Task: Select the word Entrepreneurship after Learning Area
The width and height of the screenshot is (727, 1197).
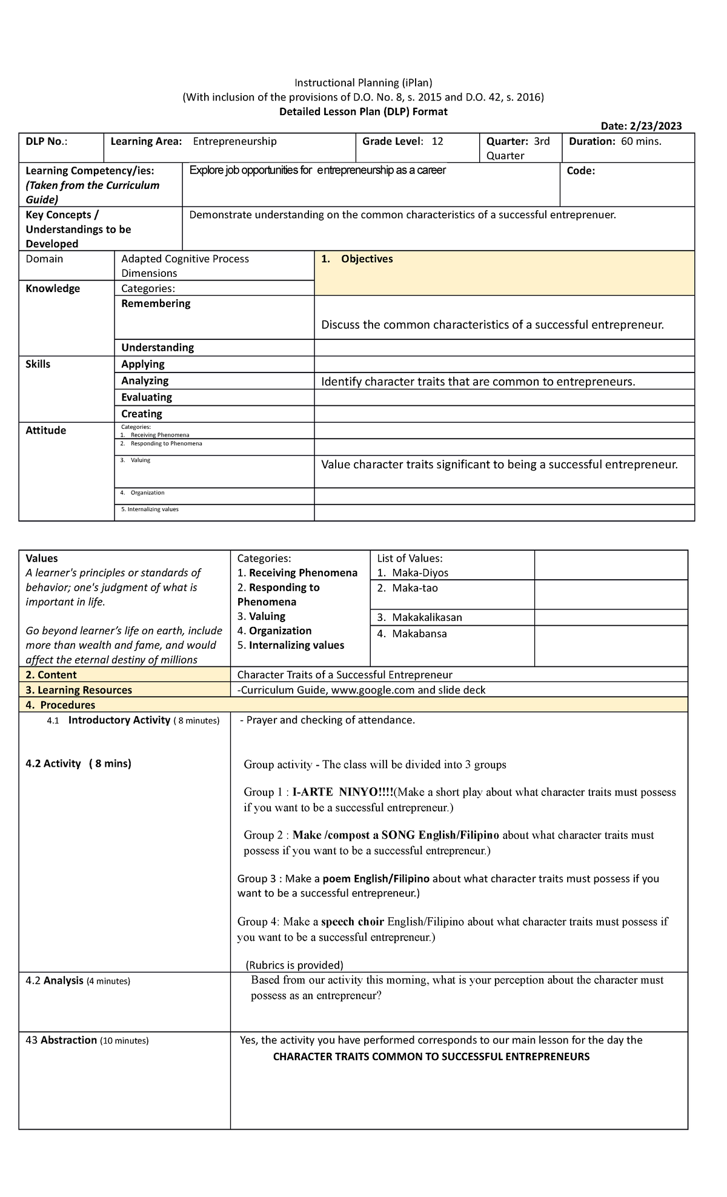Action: point(234,141)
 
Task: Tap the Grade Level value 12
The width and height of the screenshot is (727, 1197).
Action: point(437,141)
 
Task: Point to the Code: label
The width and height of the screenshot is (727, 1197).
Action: point(580,171)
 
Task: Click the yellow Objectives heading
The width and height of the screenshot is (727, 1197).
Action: point(367,259)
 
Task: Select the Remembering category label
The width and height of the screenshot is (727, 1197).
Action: point(156,303)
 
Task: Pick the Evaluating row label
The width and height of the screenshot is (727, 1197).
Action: point(147,397)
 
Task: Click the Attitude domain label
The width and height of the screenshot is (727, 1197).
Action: point(45,431)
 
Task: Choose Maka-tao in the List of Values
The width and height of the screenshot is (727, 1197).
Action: point(414,588)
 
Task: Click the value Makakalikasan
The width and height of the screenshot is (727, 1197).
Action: point(427,617)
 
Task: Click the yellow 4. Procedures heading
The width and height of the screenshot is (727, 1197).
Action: point(60,705)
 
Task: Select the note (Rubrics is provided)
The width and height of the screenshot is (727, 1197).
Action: point(294,965)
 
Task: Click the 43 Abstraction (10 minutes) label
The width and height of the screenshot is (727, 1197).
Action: point(87,1040)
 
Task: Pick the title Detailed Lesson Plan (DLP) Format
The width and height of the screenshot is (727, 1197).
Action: point(363,111)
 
